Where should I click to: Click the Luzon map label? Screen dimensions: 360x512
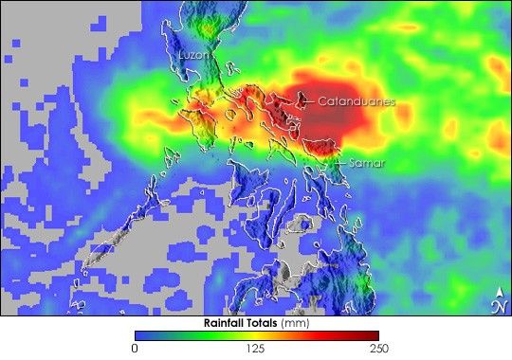tap(193, 56)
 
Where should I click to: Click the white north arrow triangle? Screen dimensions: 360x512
tap(499, 291)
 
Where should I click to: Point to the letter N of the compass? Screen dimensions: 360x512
tap(499, 306)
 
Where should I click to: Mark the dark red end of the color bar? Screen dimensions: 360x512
tap(373, 335)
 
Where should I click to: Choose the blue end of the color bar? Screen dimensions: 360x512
tap(140, 335)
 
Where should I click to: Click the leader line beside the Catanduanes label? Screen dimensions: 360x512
tap(308, 99)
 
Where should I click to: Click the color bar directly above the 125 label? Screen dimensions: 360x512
tap(256, 335)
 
